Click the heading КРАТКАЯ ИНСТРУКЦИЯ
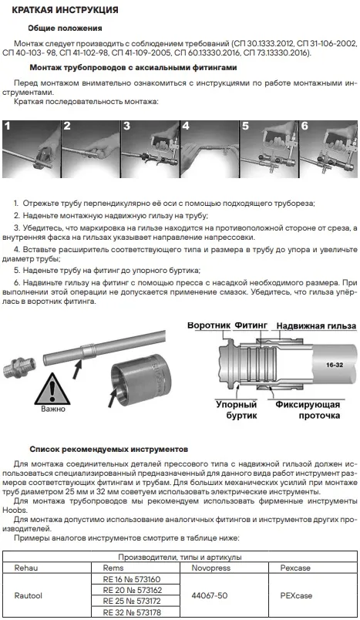65,9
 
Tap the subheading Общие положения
65,28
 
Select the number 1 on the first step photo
8,126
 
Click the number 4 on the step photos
186,126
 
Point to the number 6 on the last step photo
304,126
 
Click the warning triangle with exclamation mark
52,389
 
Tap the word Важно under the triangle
53,409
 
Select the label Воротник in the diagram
209,326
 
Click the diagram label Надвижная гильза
316,326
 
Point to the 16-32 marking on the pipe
335,365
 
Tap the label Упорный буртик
237,410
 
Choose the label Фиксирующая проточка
308,410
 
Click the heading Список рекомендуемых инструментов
109,449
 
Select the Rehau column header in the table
26,568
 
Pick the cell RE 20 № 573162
133,590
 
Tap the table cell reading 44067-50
210,595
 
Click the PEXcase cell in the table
296,595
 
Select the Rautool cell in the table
28,595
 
